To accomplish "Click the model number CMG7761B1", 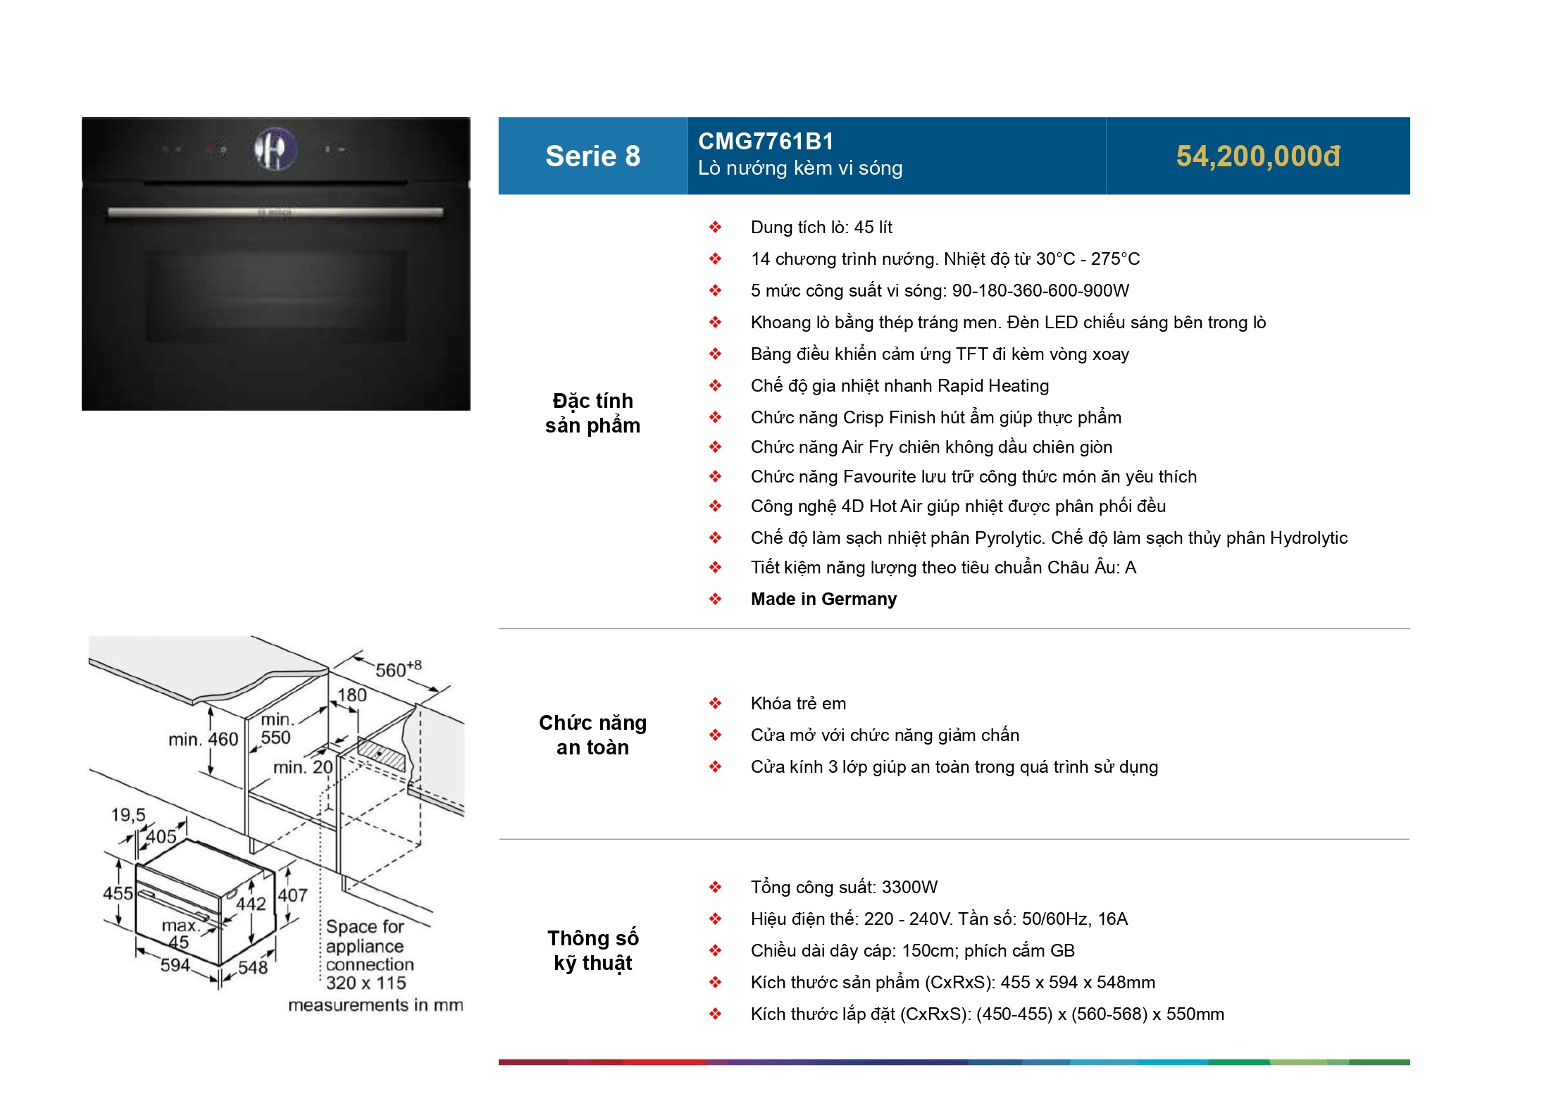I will tap(766, 142).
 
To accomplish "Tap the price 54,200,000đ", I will tap(1258, 156).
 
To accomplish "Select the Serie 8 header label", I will tap(592, 156).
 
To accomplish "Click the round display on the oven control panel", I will tap(274, 149).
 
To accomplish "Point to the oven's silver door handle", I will tap(275, 212).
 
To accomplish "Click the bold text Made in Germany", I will tap(823, 599).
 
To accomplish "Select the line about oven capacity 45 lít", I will tap(821, 228).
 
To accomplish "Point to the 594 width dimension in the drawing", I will tap(175, 965).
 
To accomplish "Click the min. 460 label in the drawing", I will tap(203, 740).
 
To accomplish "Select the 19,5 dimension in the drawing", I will tap(128, 815).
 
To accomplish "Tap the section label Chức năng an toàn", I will tap(592, 735).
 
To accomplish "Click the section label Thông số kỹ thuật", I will tap(592, 950).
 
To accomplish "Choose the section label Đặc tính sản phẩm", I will tap(592, 413).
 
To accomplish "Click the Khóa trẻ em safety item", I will tap(798, 704).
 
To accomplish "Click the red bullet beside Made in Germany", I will tap(715, 599).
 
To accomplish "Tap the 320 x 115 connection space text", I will tap(366, 983).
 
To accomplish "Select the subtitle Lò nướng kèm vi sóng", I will tap(800, 168).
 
